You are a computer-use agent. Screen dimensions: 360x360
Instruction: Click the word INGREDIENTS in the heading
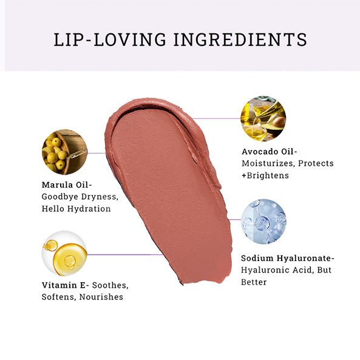pyautogui.click(x=240, y=39)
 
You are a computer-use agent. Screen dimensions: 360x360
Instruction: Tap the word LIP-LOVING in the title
pyautogui.click(x=110, y=39)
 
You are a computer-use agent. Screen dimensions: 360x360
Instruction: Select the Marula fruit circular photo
pyautogui.click(x=64, y=152)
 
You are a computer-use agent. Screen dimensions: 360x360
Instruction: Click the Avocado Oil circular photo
pyautogui.click(x=263, y=119)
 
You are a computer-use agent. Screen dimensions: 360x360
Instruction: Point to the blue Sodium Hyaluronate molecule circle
pyautogui.click(x=264, y=222)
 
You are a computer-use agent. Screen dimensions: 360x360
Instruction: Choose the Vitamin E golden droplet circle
pyautogui.click(x=64, y=253)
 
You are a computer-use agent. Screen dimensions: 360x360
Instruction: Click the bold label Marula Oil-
pyautogui.click(x=67, y=185)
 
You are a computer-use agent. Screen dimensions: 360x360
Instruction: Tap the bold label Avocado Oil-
pyautogui.click(x=270, y=152)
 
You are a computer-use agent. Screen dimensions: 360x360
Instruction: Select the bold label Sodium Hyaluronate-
pyautogui.click(x=287, y=258)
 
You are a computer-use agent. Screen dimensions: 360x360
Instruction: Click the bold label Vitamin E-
pyautogui.click(x=65, y=285)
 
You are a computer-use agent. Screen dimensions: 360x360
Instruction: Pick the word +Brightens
pyautogui.click(x=265, y=175)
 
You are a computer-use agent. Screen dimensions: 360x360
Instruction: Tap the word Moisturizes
pyautogui.click(x=268, y=163)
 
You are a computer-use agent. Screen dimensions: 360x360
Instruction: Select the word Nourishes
pyautogui.click(x=101, y=297)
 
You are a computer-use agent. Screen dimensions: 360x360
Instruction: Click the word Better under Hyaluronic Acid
pyautogui.click(x=254, y=282)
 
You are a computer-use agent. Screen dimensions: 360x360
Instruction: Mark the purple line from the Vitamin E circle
pyautogui.click(x=125, y=254)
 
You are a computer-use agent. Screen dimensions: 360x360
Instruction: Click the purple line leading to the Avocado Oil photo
pyautogui.click(x=217, y=119)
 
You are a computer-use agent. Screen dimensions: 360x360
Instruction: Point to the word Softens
pyautogui.click(x=59, y=297)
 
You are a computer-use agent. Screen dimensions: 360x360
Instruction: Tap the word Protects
pyautogui.click(x=316, y=163)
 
